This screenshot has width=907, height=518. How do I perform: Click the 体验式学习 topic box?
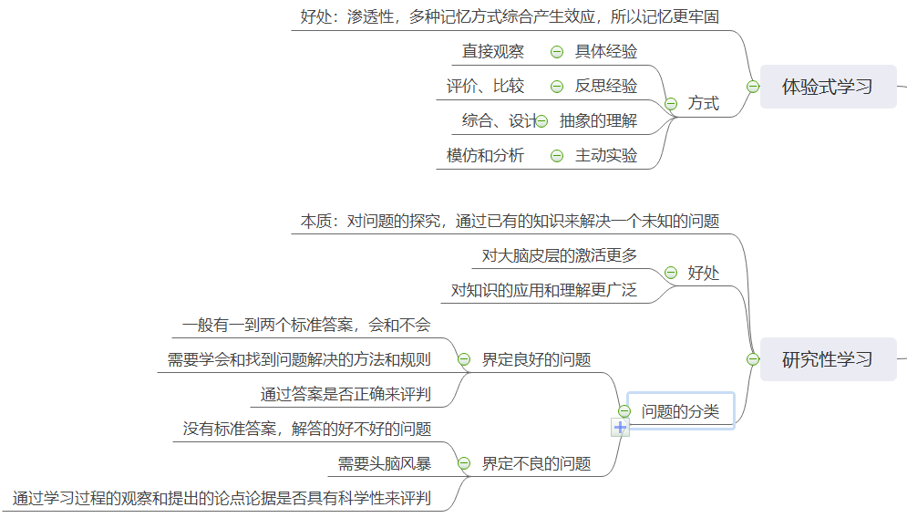[828, 87]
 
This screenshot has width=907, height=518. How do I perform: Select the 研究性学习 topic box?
[828, 359]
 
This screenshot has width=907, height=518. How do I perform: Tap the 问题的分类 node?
[680, 411]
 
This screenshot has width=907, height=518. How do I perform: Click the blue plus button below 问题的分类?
[621, 427]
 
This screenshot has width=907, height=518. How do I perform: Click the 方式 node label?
[703, 103]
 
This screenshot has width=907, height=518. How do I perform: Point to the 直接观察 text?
[493, 52]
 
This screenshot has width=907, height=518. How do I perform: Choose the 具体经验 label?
[606, 52]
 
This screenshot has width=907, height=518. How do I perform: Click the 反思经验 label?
[606, 87]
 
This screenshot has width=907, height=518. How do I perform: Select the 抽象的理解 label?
[598, 121]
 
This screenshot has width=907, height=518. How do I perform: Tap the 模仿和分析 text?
[486, 156]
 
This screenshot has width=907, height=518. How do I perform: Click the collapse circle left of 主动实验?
[557, 156]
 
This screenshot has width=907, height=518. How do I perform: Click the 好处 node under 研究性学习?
[703, 273]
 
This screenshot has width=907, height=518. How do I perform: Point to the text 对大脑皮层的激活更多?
[559, 255]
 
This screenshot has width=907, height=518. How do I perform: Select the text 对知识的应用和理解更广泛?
[544, 291]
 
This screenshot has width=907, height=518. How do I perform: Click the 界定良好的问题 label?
[536, 360]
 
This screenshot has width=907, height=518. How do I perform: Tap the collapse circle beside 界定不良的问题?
[463, 463]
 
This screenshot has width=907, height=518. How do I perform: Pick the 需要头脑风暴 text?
[385, 463]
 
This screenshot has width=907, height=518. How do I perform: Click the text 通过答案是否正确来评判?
[345, 395]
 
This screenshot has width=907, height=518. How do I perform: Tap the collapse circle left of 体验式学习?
[753, 87]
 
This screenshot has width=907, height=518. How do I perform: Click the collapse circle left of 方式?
[671, 104]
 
